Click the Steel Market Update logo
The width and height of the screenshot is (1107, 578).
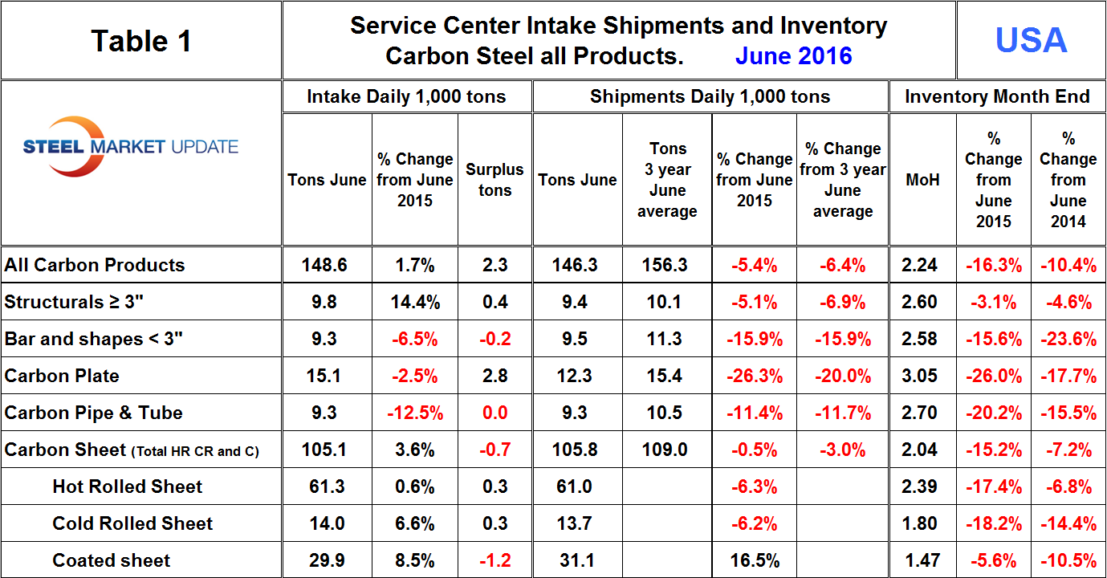coord(131,147)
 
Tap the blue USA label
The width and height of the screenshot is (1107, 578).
coord(1031,40)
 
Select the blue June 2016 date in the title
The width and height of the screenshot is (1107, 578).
coord(793,56)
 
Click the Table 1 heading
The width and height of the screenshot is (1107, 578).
coord(141,41)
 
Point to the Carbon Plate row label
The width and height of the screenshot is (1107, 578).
coord(62,376)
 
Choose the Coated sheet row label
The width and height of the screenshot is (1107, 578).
coord(112,560)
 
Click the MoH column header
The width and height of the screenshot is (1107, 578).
coord(922,180)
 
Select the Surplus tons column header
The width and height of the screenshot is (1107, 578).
coord(494,180)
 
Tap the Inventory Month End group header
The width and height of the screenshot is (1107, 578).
coord(997,97)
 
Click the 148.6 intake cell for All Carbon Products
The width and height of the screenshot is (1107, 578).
coord(326,265)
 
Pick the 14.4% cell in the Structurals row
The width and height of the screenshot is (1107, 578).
coord(414,302)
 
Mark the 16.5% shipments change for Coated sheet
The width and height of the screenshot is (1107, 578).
coord(754,560)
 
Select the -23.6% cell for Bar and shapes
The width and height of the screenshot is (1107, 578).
coord(1068,339)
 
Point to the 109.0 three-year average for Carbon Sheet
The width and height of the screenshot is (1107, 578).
coord(665,450)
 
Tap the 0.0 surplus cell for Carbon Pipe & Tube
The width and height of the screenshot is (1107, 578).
coord(494,413)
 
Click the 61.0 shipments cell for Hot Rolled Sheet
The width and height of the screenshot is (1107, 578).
coord(577,486)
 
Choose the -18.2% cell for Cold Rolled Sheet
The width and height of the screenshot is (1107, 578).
coord(993,523)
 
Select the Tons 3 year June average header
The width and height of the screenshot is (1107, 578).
coord(667,180)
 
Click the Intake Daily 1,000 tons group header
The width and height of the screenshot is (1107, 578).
coord(406,97)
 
